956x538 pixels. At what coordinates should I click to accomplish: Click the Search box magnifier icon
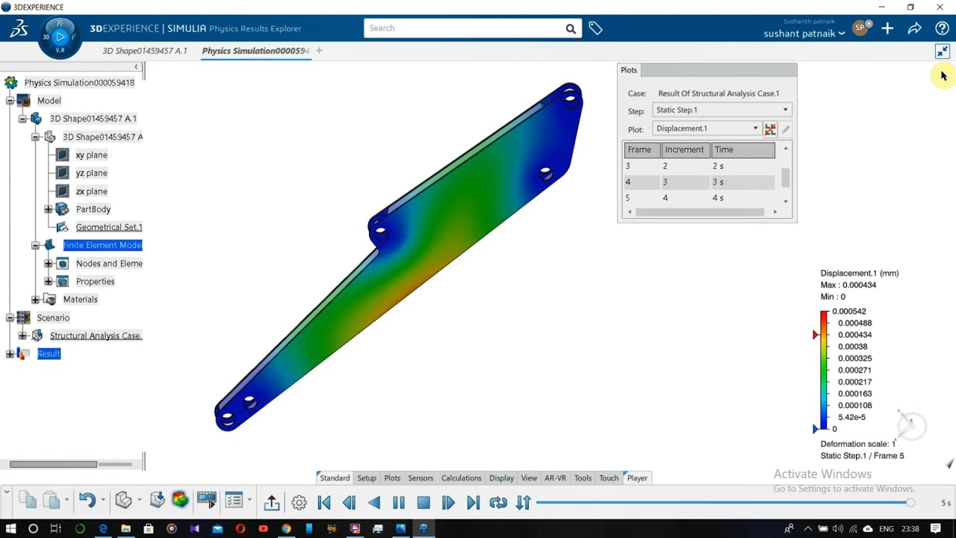pyautogui.click(x=571, y=28)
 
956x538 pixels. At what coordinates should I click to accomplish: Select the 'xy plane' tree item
pyautogui.click(x=91, y=155)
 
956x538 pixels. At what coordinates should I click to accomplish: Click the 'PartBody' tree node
pyautogui.click(x=93, y=209)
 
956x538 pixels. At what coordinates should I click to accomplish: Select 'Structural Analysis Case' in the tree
pyautogui.click(x=96, y=336)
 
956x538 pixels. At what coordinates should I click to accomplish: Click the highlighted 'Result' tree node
pyautogui.click(x=49, y=353)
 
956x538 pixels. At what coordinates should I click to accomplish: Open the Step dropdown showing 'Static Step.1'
pyautogui.click(x=721, y=110)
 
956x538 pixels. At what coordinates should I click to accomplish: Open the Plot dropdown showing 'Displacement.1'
pyautogui.click(x=706, y=129)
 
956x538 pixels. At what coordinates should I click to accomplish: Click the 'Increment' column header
pyautogui.click(x=684, y=149)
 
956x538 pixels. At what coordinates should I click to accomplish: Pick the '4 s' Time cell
pyautogui.click(x=718, y=198)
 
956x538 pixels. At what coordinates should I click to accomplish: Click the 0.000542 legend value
pyautogui.click(x=848, y=312)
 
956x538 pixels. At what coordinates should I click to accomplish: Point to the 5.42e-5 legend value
pyautogui.click(x=851, y=417)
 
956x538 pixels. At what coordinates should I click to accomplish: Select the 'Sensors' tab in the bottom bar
pyautogui.click(x=420, y=478)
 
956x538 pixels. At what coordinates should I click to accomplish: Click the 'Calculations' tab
pyautogui.click(x=461, y=478)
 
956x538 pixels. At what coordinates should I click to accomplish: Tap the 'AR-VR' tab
pyautogui.click(x=555, y=478)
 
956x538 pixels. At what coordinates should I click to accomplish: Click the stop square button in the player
pyautogui.click(x=423, y=503)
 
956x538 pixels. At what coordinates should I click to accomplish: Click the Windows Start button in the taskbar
pyautogui.click(x=10, y=529)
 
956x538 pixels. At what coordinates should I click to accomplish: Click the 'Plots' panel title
pyautogui.click(x=629, y=70)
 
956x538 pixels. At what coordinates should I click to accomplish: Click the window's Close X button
pyautogui.click(x=940, y=7)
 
